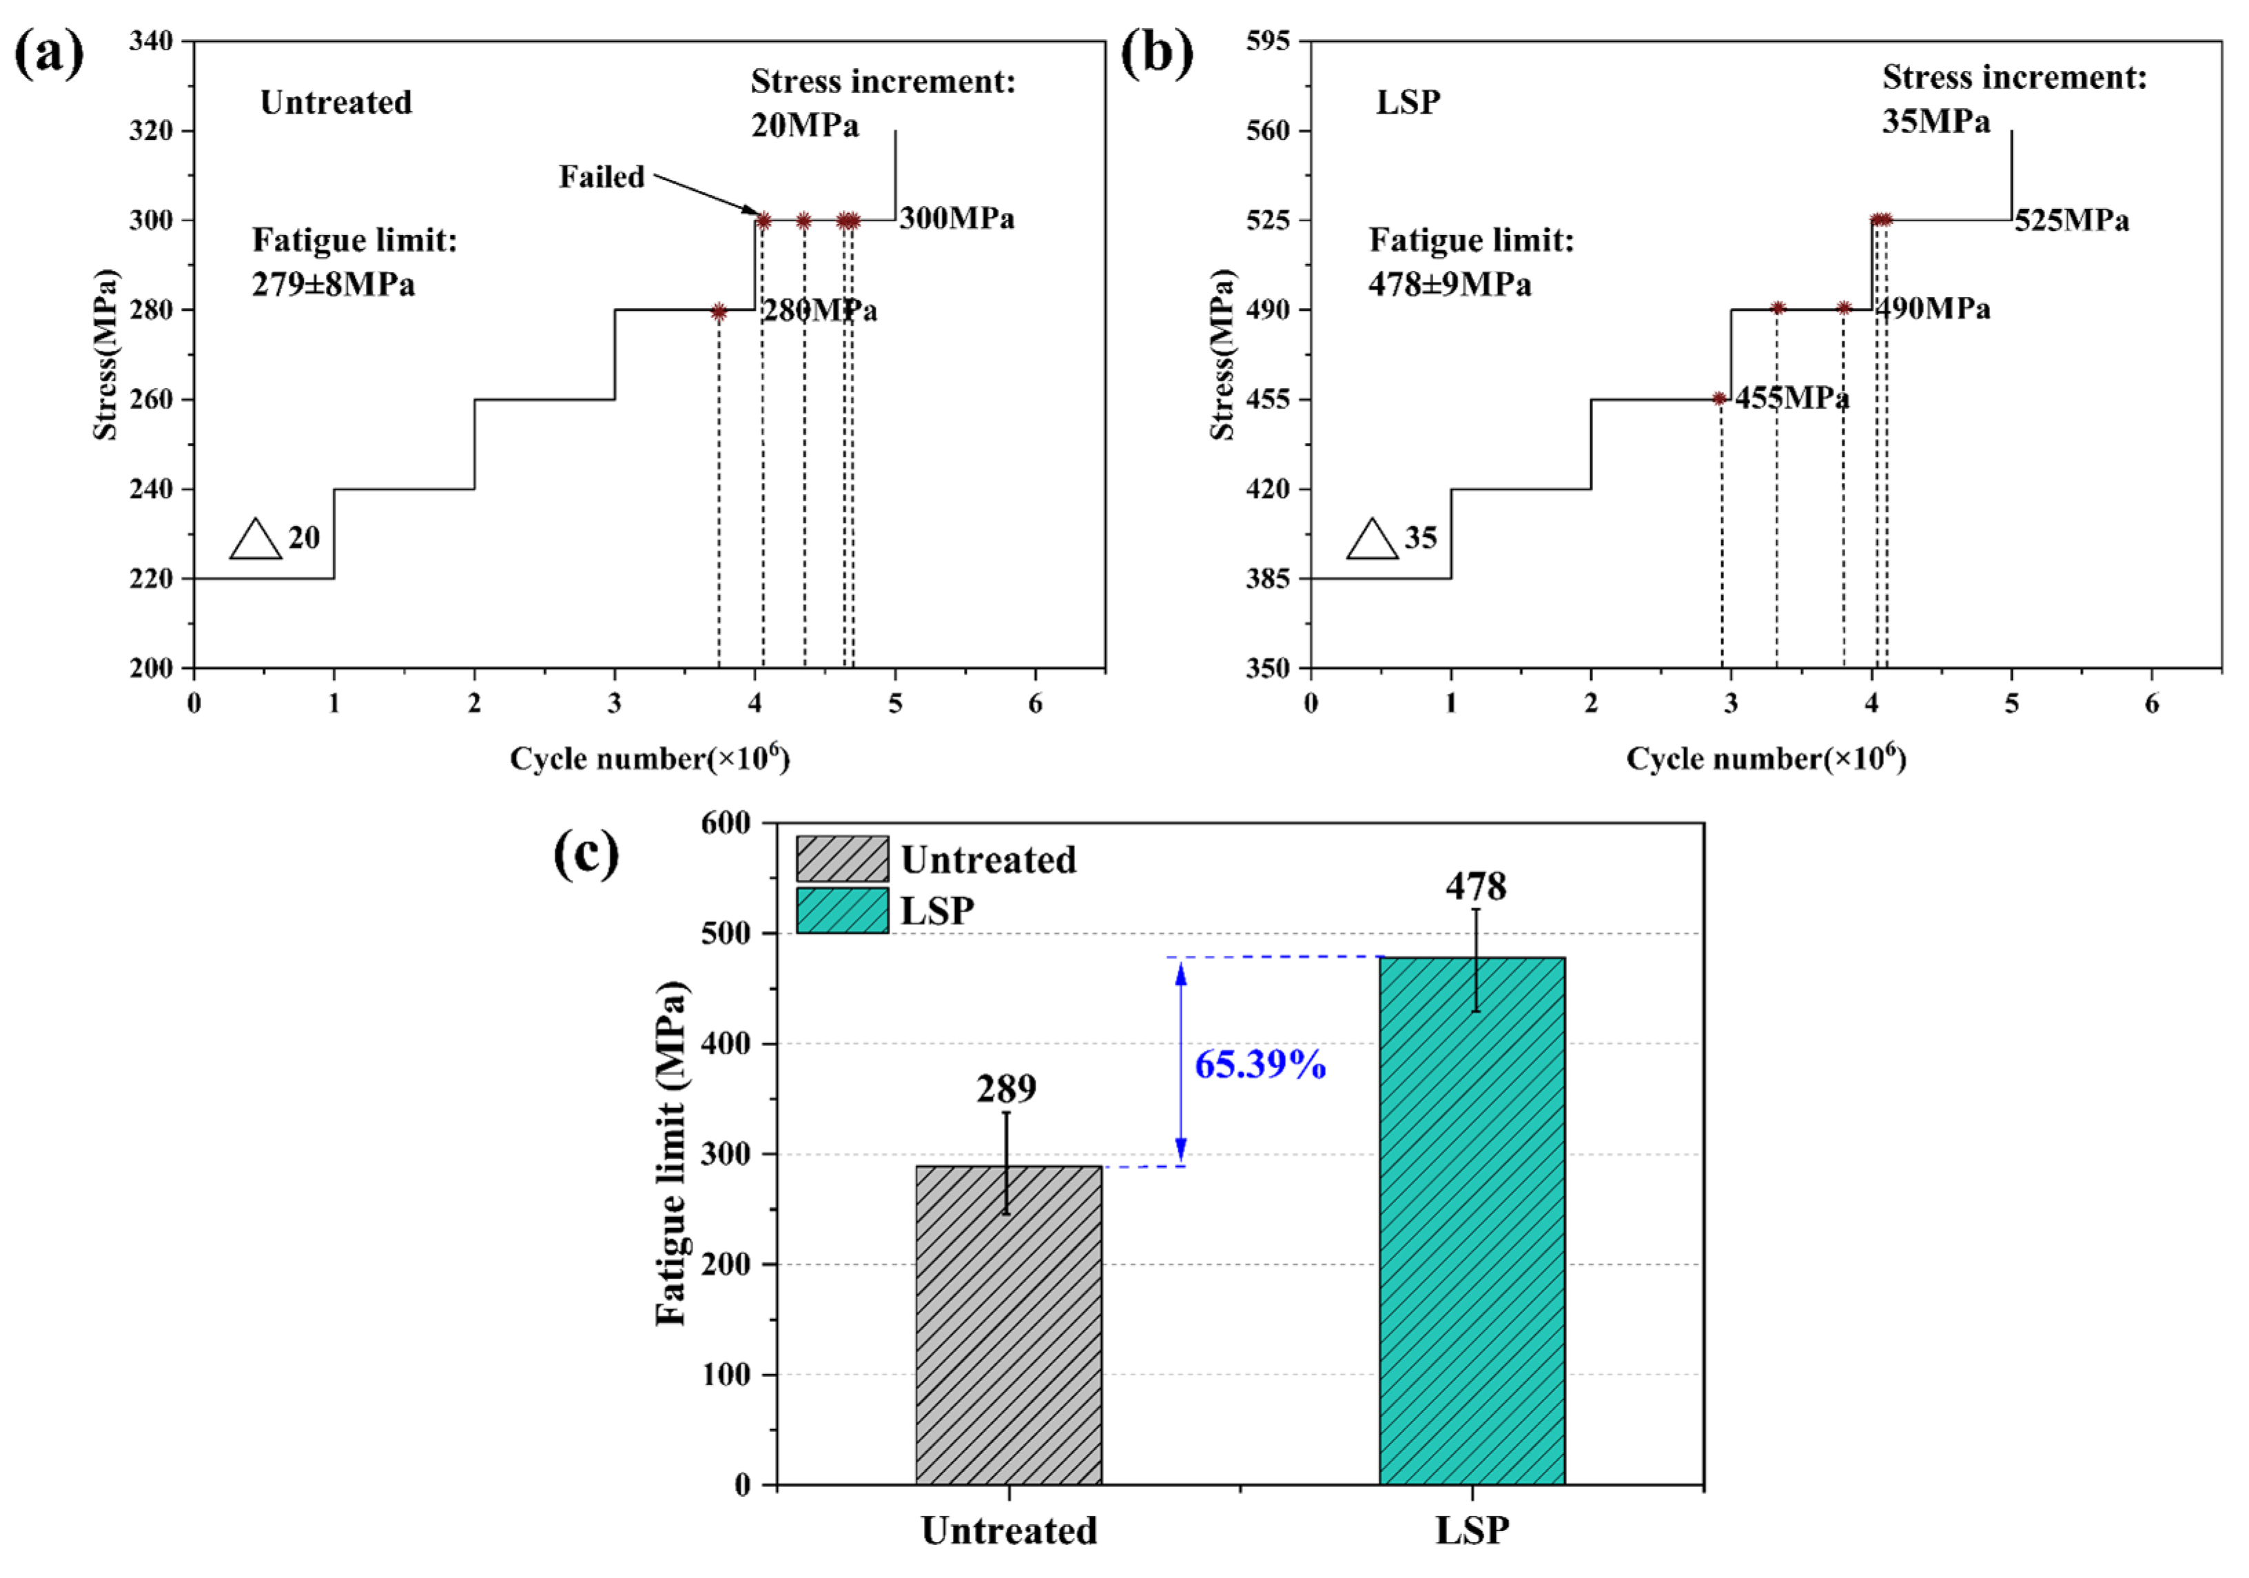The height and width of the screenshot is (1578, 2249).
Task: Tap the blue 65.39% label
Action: coord(1260,1064)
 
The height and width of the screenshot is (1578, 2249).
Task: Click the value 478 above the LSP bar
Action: coord(1475,886)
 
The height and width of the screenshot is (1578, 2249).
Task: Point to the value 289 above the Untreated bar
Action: coord(1006,1088)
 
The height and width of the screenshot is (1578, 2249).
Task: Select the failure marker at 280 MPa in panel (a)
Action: coord(719,311)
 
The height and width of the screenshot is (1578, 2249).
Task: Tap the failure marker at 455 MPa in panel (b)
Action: coord(1719,399)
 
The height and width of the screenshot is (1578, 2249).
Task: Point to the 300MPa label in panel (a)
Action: coord(957,218)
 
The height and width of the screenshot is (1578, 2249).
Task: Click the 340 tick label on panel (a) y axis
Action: coord(151,41)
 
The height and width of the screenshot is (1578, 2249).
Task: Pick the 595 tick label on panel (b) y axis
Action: coord(1268,41)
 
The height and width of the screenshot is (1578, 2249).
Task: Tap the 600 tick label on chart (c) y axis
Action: coord(726,823)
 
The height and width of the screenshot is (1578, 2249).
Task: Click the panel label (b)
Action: coord(1157,54)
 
